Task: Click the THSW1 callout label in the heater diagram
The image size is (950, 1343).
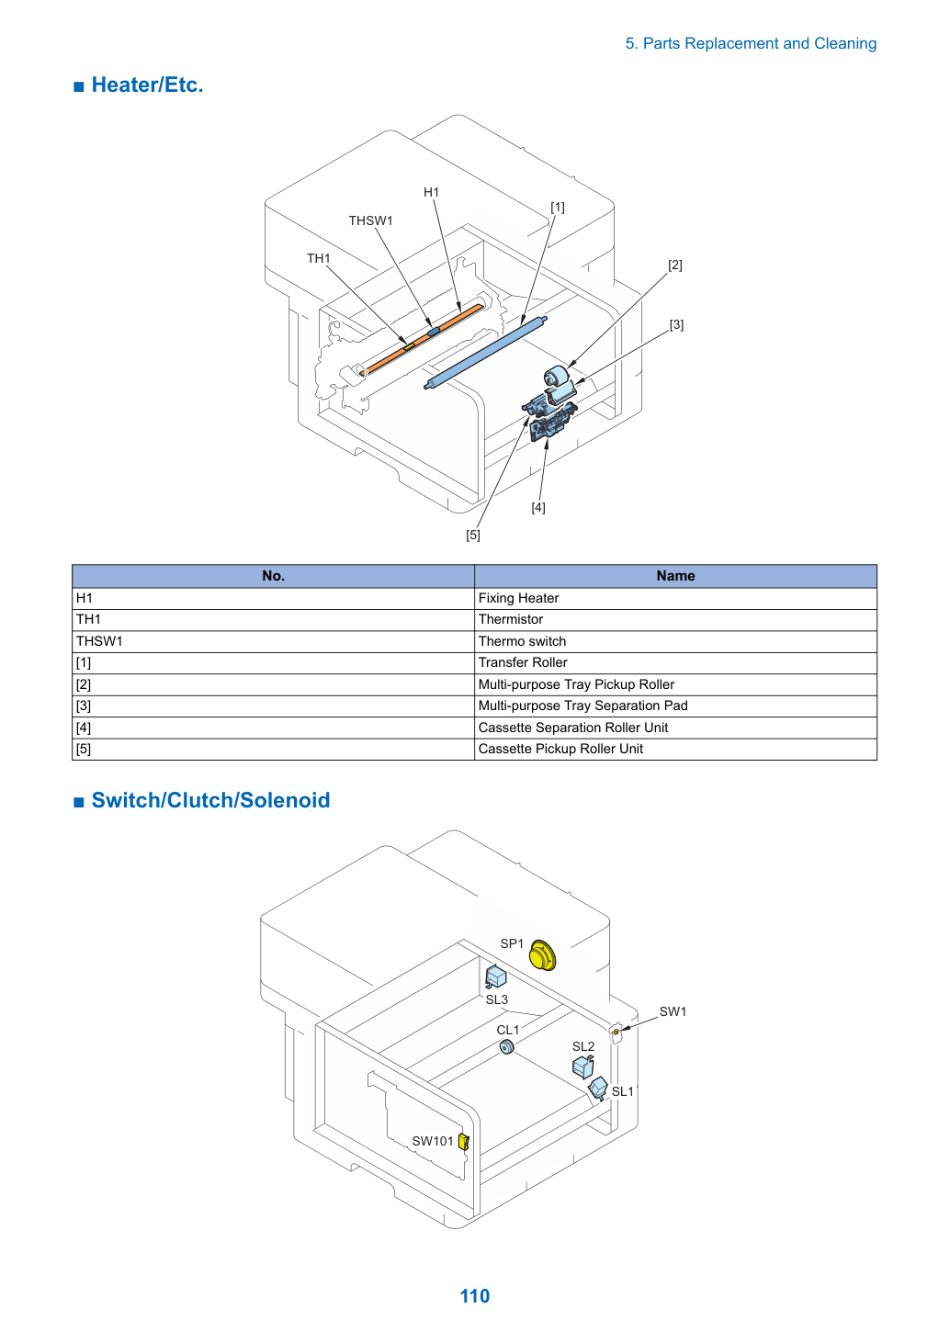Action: click(x=370, y=220)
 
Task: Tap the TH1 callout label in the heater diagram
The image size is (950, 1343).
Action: click(x=319, y=258)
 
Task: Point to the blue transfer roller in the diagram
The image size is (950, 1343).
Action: click(x=486, y=353)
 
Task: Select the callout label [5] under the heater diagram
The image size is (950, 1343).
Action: click(x=473, y=535)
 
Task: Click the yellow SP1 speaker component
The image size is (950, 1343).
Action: click(x=543, y=954)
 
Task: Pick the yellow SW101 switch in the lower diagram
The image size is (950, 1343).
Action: click(x=464, y=1142)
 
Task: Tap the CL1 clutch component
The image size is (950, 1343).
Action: click(x=507, y=1047)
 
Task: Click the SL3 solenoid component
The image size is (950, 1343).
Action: click(x=496, y=976)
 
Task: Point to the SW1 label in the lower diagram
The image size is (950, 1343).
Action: click(x=673, y=1011)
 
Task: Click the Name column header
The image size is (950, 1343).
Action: click(x=675, y=576)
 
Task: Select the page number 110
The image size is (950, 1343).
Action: click(x=475, y=1296)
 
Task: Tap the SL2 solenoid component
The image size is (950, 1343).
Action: click(x=583, y=1066)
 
